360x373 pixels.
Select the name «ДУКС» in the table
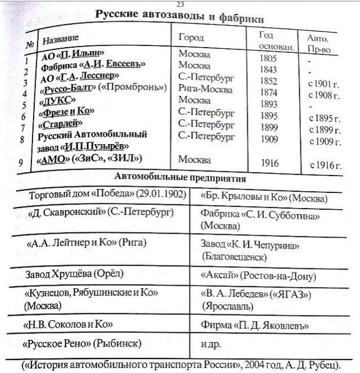pos(57,101)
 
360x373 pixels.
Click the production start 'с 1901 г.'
pos(323,83)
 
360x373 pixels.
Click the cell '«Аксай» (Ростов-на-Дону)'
pos(258,276)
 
